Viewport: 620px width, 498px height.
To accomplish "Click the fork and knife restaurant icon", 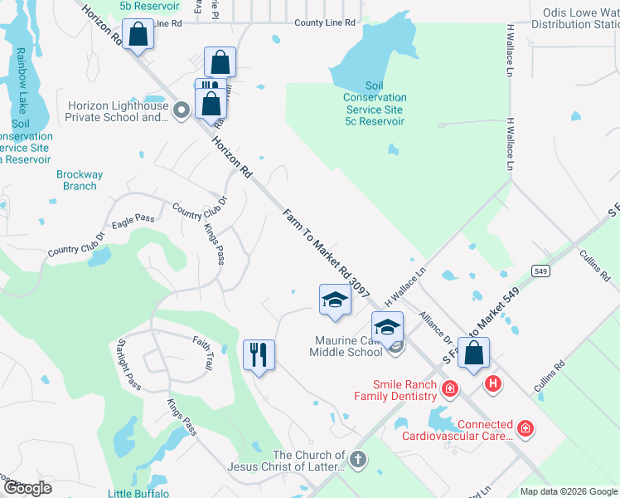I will pos(259,355).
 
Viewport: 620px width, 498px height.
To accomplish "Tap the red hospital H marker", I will pos(493,383).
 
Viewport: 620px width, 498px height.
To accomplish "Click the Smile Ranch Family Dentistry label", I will pos(405,390).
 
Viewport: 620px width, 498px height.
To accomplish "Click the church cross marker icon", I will pos(358,459).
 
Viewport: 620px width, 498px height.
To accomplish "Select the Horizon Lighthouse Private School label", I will pos(118,111).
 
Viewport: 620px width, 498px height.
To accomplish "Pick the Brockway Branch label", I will pos(80,180).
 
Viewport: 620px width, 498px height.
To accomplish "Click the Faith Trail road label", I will pos(203,354).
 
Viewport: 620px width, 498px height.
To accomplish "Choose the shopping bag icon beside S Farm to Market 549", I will pos(473,354).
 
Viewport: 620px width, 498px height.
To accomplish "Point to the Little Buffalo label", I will pos(138,493).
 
